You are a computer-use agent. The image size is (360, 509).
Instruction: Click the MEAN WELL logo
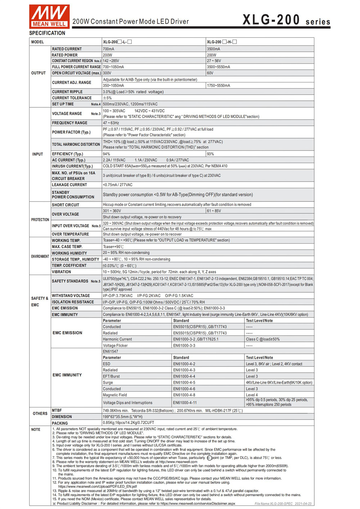49,16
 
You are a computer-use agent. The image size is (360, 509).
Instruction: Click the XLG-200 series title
286,20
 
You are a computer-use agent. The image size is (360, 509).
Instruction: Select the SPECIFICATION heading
47,33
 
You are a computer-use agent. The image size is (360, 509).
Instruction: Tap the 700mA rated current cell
109,49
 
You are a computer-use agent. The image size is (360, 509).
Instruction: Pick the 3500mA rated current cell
214,49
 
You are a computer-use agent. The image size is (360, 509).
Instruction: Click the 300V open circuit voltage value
107,73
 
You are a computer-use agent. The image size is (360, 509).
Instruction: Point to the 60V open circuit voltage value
210,73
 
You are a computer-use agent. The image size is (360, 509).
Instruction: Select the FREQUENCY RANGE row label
69,123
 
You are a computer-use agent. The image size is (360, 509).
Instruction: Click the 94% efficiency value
107,154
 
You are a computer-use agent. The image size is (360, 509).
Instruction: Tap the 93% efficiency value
211,154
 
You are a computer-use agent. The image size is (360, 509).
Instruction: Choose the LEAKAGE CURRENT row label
69,185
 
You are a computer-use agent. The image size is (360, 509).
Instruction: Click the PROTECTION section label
40,220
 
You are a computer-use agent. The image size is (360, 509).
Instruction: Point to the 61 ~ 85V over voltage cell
214,211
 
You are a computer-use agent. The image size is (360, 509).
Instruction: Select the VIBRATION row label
62,272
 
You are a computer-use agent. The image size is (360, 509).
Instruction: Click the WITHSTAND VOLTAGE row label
71,296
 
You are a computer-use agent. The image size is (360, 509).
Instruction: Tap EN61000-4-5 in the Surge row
184,383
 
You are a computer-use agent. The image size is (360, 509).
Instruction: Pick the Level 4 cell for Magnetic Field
252,395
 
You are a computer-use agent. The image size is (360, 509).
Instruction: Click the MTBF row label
57,410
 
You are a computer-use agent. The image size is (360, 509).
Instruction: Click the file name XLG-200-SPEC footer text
283,504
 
